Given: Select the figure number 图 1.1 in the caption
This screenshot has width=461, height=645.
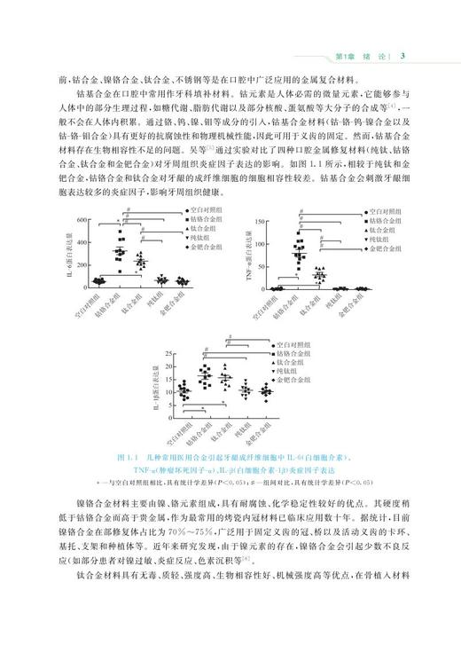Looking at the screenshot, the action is coord(127,457).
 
